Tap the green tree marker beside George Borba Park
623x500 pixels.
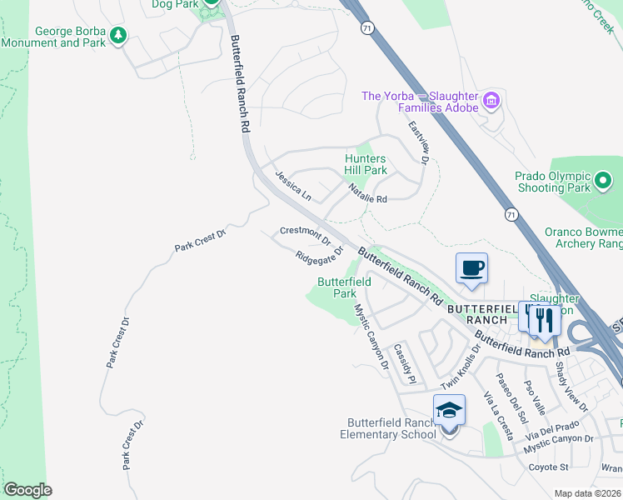coord(119,36)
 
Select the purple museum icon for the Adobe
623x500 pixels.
coord(491,102)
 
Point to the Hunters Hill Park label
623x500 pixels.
coord(366,164)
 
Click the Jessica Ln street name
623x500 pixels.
coord(293,187)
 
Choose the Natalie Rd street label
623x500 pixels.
coord(368,194)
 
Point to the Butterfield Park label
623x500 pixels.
coord(344,287)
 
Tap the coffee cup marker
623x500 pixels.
coord(472,268)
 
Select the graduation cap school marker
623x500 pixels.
coord(449,410)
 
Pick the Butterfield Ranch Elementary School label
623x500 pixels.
coord(388,428)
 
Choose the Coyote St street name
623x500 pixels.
coord(547,467)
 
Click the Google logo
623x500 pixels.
coord(27,490)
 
